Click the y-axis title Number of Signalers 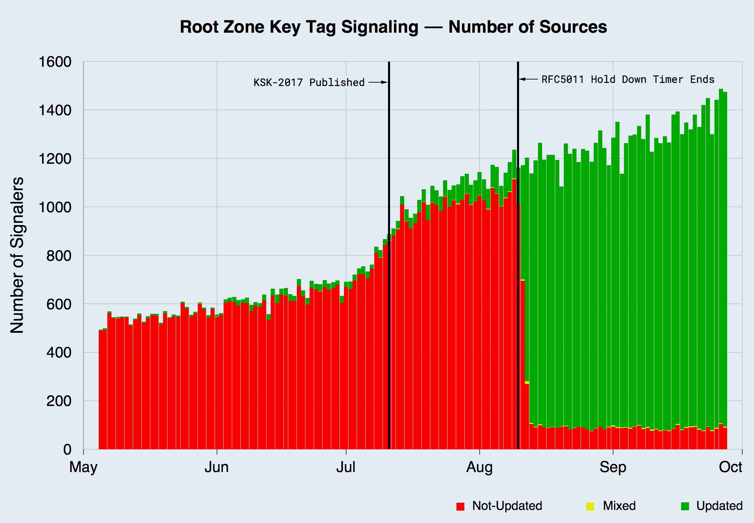(x=17, y=255)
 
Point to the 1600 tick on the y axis (x=55, y=62)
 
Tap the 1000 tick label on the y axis (x=55, y=207)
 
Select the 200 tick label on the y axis (x=59, y=401)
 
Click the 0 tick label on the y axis (x=67, y=449)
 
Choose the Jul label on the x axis (x=346, y=467)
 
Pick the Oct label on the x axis (x=731, y=467)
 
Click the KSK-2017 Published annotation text (x=309, y=83)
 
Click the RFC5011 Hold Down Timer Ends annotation (x=628, y=79)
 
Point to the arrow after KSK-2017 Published (x=378, y=83)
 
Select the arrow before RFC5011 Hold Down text (x=528, y=79)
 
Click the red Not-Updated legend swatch (x=460, y=506)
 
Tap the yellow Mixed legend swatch (x=590, y=506)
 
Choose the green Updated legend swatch (x=685, y=506)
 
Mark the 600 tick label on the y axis (x=59, y=304)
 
